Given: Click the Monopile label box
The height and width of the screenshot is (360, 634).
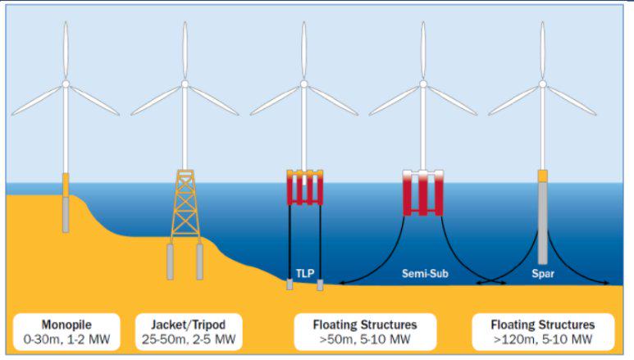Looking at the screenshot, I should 66,331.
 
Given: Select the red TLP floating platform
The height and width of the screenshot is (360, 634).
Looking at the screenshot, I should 304,189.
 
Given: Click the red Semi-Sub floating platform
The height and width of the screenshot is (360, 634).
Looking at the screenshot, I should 423,192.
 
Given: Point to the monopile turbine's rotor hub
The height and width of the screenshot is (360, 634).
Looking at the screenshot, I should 66,84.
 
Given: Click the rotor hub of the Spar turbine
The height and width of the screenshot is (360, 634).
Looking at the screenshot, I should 542,84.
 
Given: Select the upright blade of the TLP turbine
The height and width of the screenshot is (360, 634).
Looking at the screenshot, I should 304,49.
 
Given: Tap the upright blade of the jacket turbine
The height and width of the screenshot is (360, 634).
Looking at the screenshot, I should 185,49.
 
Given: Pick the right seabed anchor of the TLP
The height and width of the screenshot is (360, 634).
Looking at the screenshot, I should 320,285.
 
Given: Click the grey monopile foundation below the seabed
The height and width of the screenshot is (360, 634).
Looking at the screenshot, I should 66,215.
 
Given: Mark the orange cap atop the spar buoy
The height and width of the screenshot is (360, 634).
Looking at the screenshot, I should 542,175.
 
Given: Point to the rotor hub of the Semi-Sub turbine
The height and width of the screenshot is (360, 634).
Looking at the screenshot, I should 423,84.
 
